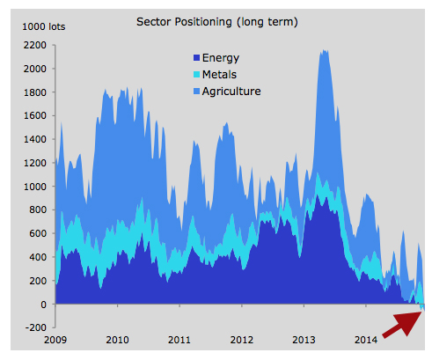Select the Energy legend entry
226,59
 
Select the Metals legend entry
225,75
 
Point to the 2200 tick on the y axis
34,45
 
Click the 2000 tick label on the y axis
34,69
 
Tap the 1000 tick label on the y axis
34,187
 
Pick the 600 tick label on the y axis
37,234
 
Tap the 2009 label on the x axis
55,339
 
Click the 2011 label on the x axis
179,339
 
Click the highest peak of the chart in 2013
324,51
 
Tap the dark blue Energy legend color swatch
195,59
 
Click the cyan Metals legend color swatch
195,75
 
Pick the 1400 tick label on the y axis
34,139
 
